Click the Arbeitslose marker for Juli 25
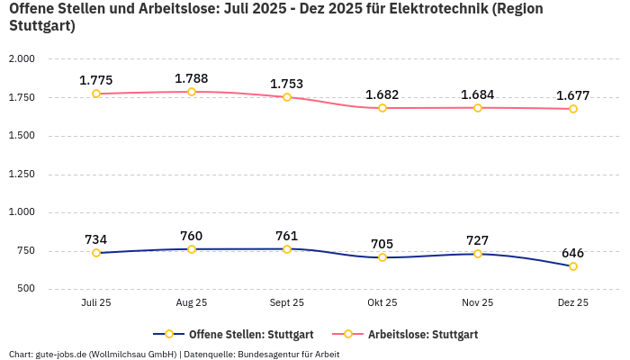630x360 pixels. click(x=96, y=94)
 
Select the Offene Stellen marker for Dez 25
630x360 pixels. click(x=573, y=266)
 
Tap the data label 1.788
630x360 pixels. click(x=192, y=78)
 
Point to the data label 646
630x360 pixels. click(x=573, y=253)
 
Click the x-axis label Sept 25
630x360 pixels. click(x=287, y=303)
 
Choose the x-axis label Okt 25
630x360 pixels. click(x=382, y=303)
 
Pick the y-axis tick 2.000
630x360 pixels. click(x=21, y=59)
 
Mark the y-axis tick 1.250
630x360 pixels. click(x=21, y=175)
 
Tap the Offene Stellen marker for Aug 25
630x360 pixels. click(x=192, y=249)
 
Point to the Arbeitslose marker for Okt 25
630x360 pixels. click(x=382, y=108)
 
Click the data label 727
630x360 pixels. click(x=478, y=240)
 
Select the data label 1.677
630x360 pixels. click(x=573, y=95)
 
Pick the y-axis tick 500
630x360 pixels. click(x=24, y=289)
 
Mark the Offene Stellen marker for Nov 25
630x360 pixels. click(x=478, y=254)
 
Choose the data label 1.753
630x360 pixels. click(x=287, y=84)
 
